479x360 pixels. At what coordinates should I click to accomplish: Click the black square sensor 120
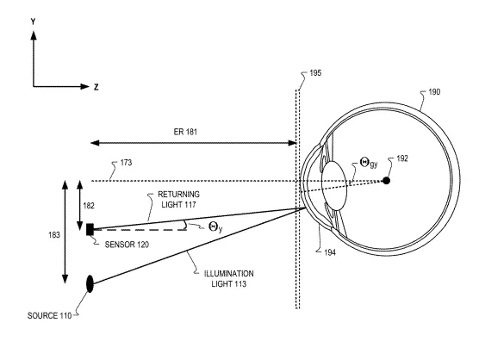tap(90, 229)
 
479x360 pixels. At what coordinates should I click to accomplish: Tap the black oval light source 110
tap(90, 283)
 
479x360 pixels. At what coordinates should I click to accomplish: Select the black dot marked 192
tap(387, 181)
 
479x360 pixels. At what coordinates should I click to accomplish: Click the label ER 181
tap(185, 132)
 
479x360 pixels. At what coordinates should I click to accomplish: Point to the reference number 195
tap(315, 73)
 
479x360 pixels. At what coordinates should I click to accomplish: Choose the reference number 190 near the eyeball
tap(434, 92)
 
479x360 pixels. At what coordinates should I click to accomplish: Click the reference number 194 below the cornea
tap(330, 252)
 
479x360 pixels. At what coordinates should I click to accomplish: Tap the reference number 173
tap(126, 163)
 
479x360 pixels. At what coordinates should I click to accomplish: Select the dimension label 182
tap(89, 206)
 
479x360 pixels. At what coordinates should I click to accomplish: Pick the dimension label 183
tap(54, 235)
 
